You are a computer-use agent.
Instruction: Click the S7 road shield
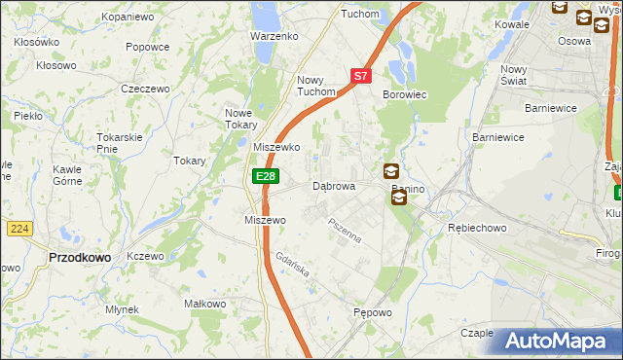click(360, 75)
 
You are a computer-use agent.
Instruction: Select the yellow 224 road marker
click(18, 228)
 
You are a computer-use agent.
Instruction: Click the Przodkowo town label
click(79, 257)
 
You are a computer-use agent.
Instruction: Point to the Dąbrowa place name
click(333, 185)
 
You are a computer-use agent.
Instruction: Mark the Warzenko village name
click(274, 36)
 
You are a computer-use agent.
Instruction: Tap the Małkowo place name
click(205, 304)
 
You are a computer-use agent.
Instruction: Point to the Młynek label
click(123, 309)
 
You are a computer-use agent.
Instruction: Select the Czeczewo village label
click(145, 88)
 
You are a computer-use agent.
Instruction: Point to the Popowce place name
click(148, 46)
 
